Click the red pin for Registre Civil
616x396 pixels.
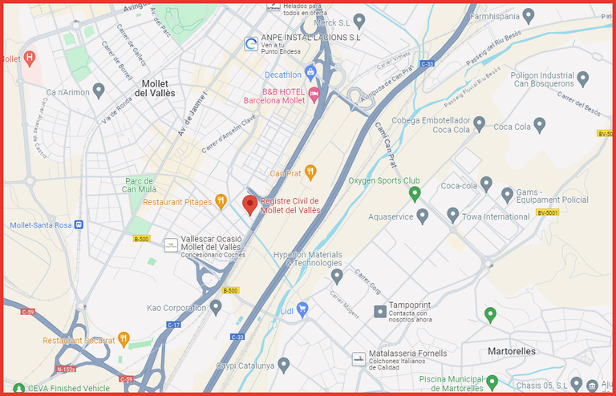(250, 204)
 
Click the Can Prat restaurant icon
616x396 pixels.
(310, 172)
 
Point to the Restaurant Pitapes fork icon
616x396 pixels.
(221, 202)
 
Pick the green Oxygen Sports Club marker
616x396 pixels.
(415, 194)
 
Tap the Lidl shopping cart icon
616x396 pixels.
(302, 309)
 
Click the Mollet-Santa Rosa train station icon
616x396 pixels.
(79, 225)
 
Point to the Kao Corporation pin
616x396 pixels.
(216, 307)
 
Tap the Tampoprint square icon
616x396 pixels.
(379, 310)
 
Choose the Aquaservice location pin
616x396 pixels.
(423, 216)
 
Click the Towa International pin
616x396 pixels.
(452, 216)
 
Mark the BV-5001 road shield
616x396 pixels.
(547, 212)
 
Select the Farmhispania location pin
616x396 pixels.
(528, 15)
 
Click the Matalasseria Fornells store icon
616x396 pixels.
(359, 358)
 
